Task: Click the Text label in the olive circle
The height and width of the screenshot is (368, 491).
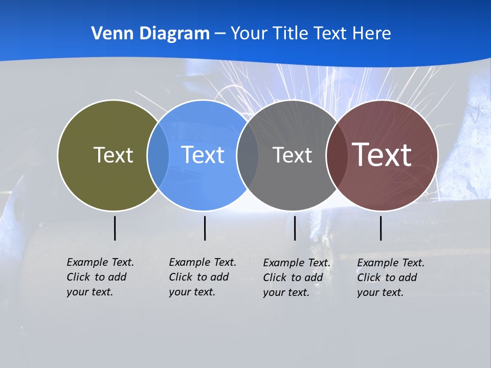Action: click(113, 155)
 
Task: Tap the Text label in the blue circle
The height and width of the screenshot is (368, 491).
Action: click(203, 155)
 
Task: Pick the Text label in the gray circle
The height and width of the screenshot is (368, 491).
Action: click(292, 155)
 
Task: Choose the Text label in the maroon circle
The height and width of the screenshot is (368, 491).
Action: click(382, 155)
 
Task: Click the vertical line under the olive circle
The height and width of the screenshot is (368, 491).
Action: click(115, 228)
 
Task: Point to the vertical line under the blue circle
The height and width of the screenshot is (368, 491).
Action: click(205, 228)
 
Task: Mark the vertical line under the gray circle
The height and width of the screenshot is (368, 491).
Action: click(295, 228)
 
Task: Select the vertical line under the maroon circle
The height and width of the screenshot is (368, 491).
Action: click(381, 228)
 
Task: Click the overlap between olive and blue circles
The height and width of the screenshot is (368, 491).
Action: click(158, 155)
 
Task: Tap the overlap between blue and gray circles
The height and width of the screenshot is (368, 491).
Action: click(248, 155)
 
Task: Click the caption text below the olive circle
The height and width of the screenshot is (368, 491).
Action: click(100, 277)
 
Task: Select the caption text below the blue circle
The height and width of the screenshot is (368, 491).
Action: click(203, 277)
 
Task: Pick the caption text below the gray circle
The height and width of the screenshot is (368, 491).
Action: click(297, 278)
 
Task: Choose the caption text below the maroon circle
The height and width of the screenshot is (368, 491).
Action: click(391, 278)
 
